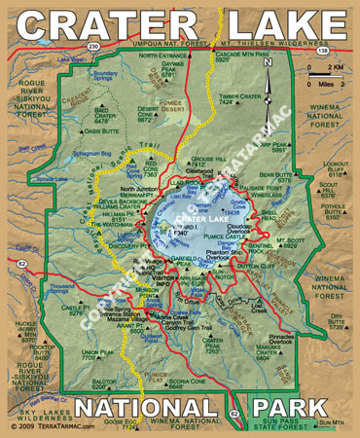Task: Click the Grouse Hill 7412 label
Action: (203, 162)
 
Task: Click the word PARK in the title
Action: (296, 406)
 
